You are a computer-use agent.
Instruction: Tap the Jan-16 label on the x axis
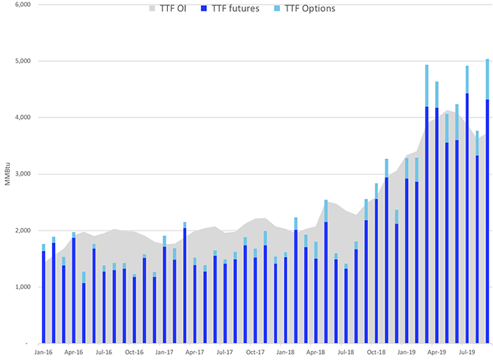[43, 352]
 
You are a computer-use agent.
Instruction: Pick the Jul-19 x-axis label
[467, 352]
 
